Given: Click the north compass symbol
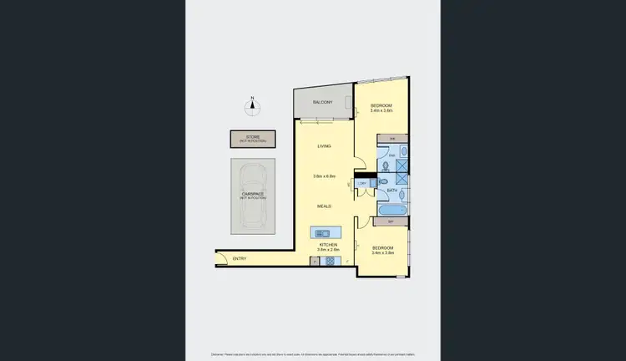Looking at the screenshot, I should tap(252, 105).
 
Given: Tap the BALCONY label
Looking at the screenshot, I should tap(323, 102).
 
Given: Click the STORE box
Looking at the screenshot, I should tap(252, 138).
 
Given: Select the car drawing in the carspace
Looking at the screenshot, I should tap(253, 196).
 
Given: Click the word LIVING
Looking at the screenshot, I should tap(324, 146).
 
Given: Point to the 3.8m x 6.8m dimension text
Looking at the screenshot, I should tap(324, 176).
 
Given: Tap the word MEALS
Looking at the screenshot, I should tap(324, 206).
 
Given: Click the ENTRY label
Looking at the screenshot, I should tap(240, 257).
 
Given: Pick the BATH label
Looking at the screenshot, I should tap(392, 191).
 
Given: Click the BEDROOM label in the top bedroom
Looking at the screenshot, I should tap(381, 104).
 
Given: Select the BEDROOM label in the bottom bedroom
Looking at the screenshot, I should tap(382, 248).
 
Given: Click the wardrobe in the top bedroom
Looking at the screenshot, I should tap(392, 137).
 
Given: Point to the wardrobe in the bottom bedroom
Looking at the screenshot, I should tap(392, 221).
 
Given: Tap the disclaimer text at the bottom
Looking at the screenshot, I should tap(312, 354).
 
